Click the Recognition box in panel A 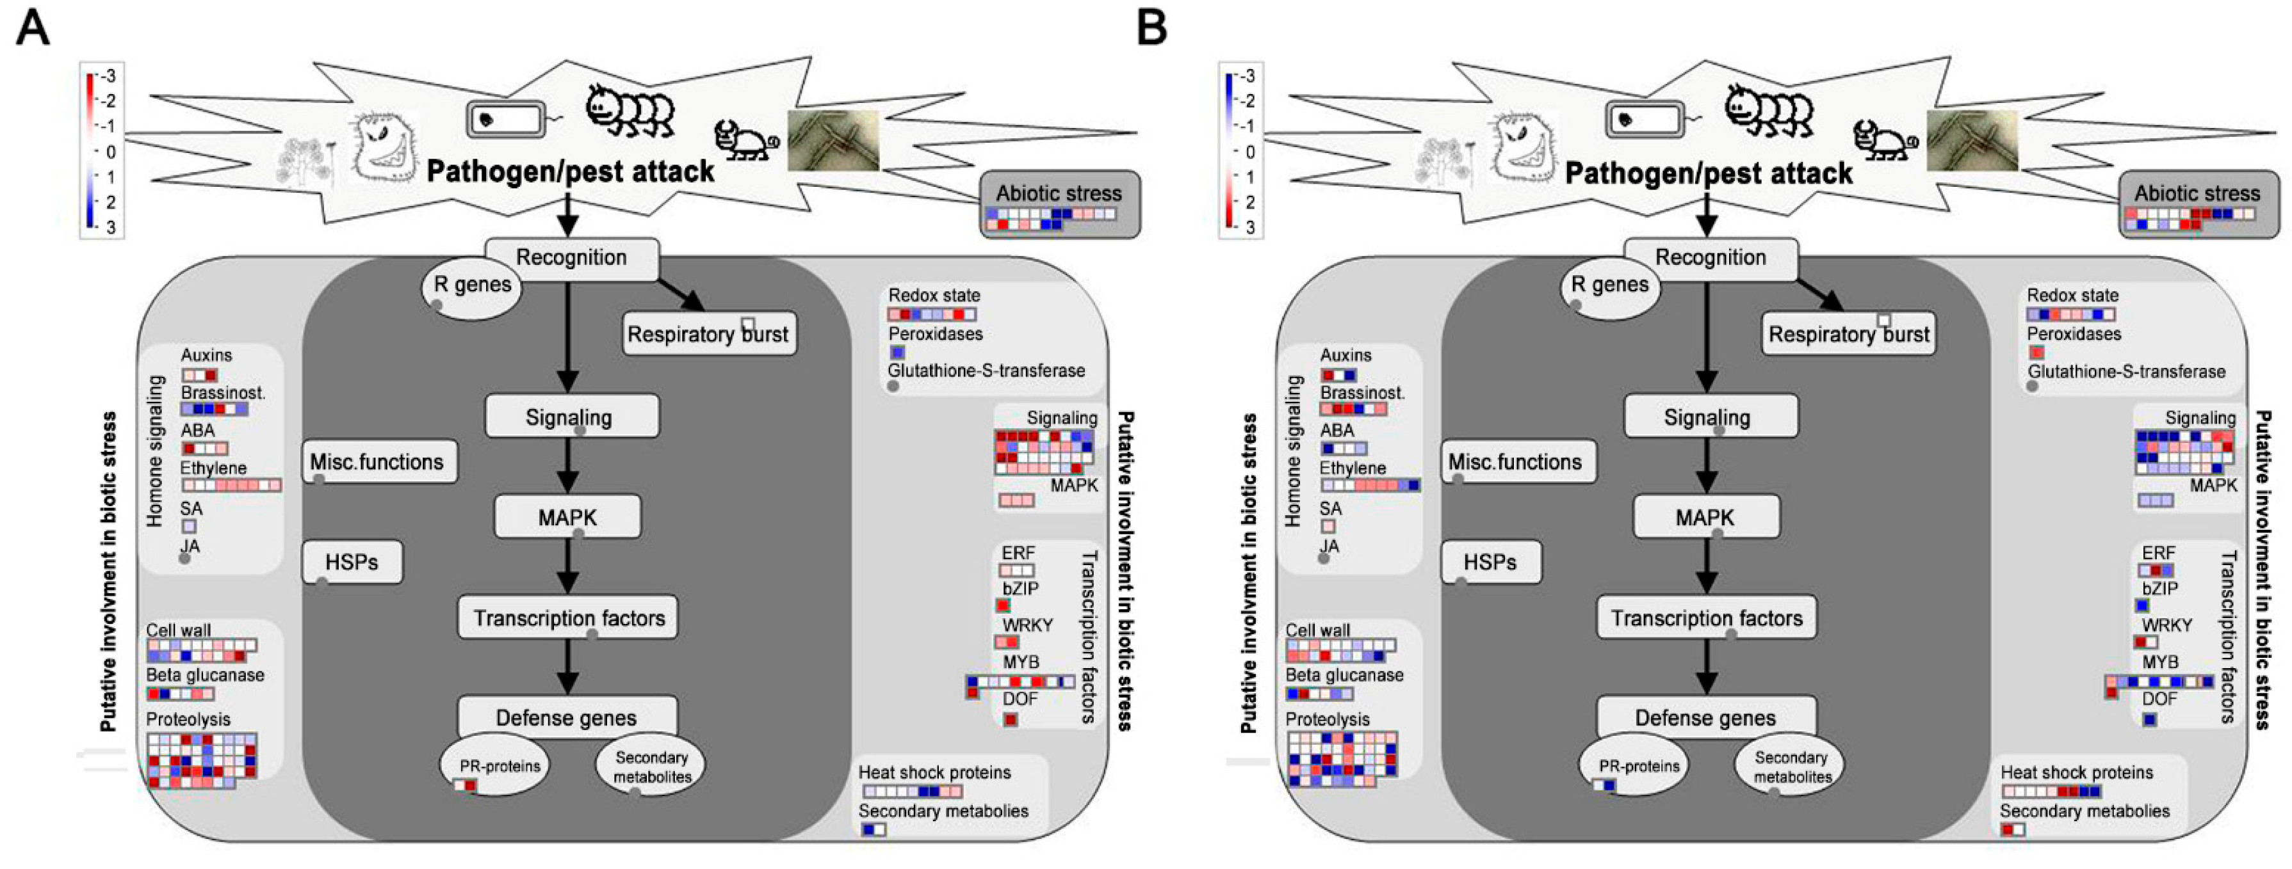(571, 259)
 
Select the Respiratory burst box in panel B (1848, 335)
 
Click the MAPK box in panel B (1705, 518)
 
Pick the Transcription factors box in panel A (567, 618)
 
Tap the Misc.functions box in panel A (378, 461)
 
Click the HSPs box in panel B (1490, 562)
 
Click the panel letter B (1152, 28)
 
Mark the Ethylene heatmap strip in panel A (231, 486)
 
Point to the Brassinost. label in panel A (222, 392)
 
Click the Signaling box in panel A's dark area (569, 417)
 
